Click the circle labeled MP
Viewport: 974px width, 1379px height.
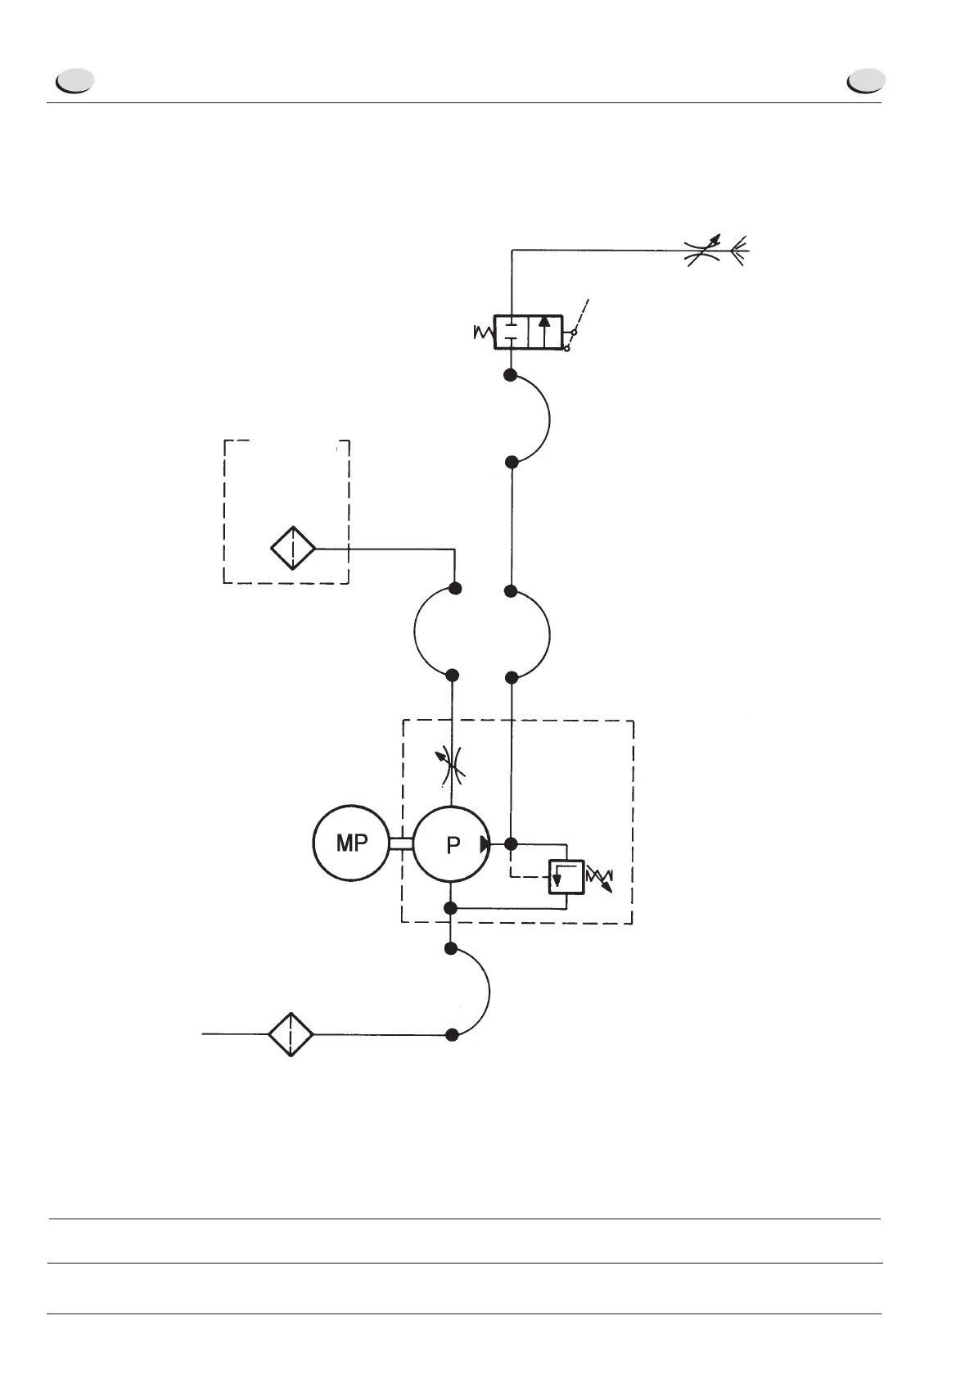pos(351,843)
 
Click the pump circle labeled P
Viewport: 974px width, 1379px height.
pos(452,845)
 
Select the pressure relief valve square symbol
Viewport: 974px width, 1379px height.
pos(566,877)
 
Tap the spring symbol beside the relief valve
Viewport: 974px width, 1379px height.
pos(600,878)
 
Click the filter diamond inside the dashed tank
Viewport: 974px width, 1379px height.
pos(293,549)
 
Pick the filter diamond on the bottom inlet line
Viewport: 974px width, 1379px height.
pos(291,1034)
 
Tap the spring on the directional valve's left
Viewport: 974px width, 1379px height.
pos(484,332)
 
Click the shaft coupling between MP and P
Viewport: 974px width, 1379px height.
pos(401,844)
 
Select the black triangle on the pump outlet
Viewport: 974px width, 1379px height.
pos(485,843)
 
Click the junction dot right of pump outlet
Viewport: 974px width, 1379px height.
pos(512,843)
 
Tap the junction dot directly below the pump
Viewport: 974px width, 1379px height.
pos(449,907)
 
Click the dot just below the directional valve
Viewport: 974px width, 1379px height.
pos(510,376)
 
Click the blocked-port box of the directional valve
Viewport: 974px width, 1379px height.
pos(512,331)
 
